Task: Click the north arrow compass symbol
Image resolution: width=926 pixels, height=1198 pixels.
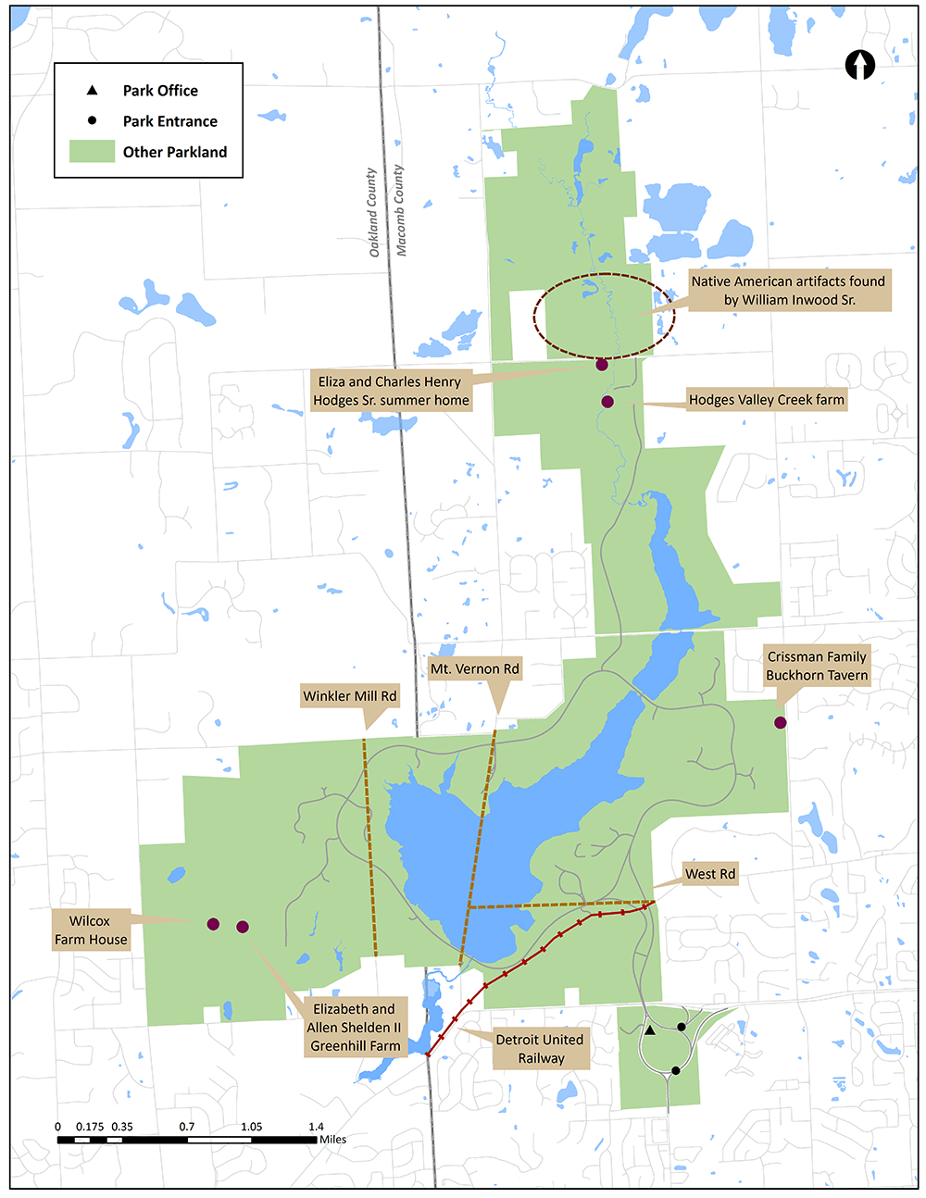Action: [x=861, y=65]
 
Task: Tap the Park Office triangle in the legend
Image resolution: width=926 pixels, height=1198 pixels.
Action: [x=92, y=90]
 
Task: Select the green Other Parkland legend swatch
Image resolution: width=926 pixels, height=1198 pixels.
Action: [x=92, y=152]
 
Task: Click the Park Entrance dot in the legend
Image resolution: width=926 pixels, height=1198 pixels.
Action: [x=92, y=120]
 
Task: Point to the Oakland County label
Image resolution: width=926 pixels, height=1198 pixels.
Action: [x=372, y=212]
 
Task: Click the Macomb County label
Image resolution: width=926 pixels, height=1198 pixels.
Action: [x=400, y=210]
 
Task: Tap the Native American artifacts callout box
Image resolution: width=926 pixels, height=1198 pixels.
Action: [x=788, y=291]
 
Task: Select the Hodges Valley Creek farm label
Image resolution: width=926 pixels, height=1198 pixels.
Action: [x=766, y=400]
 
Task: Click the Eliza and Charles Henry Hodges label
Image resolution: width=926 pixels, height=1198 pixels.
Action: [x=390, y=391]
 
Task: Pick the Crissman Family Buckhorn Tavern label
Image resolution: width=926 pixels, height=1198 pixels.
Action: [x=817, y=666]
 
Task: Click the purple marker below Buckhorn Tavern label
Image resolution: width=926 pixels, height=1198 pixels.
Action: [x=781, y=722]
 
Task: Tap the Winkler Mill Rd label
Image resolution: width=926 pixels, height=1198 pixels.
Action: [x=350, y=696]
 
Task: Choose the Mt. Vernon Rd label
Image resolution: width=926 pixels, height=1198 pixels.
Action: [x=474, y=668]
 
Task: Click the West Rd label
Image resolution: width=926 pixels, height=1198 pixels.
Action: [x=710, y=874]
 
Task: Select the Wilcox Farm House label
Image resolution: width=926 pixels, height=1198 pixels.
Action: [x=90, y=930]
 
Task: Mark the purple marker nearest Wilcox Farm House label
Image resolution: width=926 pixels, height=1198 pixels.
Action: [x=213, y=924]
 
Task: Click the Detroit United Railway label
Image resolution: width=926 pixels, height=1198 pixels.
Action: [x=541, y=1049]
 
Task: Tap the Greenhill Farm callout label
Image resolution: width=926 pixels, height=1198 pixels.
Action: [x=355, y=1028]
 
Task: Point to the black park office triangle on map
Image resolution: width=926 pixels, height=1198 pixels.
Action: [x=650, y=1030]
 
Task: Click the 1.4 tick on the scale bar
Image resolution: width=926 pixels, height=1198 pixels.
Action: [x=317, y=1139]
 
